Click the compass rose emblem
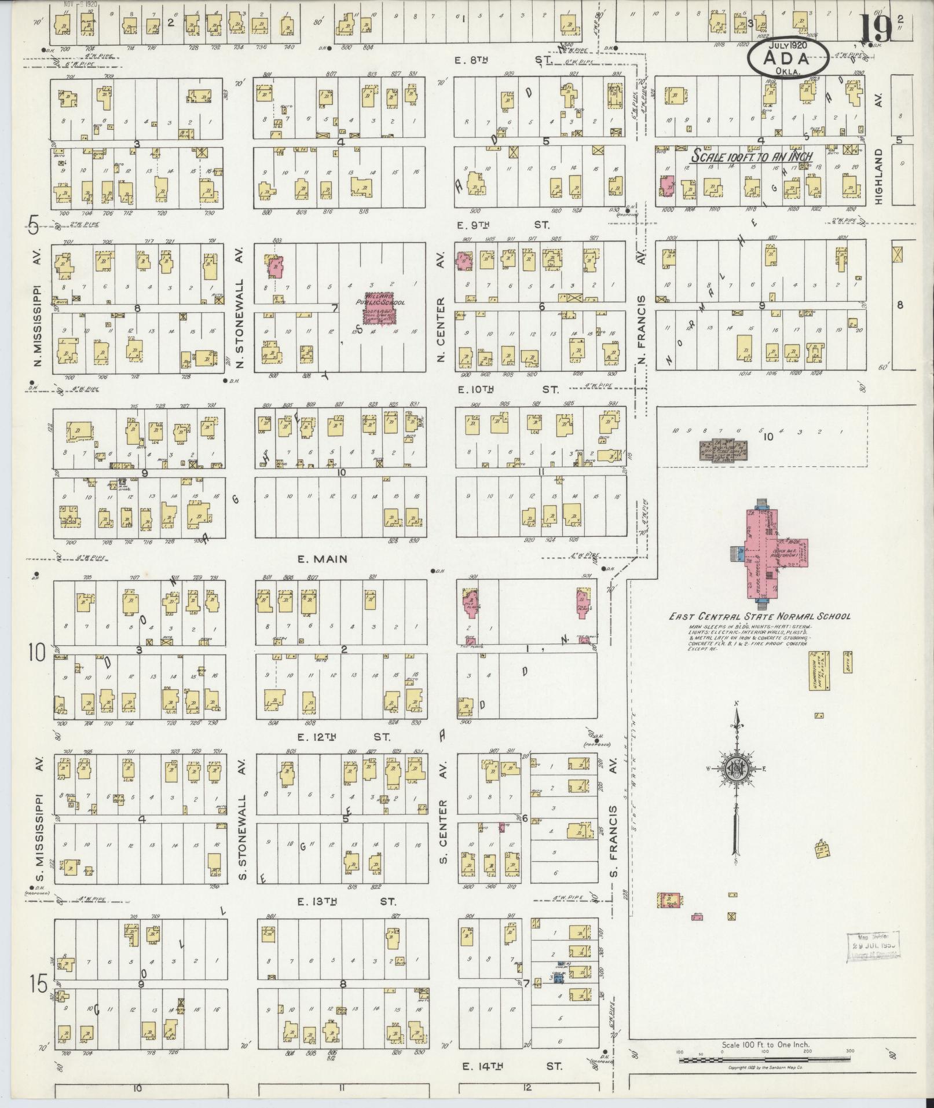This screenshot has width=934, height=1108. (738, 769)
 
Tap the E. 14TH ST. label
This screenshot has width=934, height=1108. (512, 1066)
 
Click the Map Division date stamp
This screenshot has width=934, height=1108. (875, 948)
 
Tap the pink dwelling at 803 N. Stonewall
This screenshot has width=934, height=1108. (276, 267)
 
